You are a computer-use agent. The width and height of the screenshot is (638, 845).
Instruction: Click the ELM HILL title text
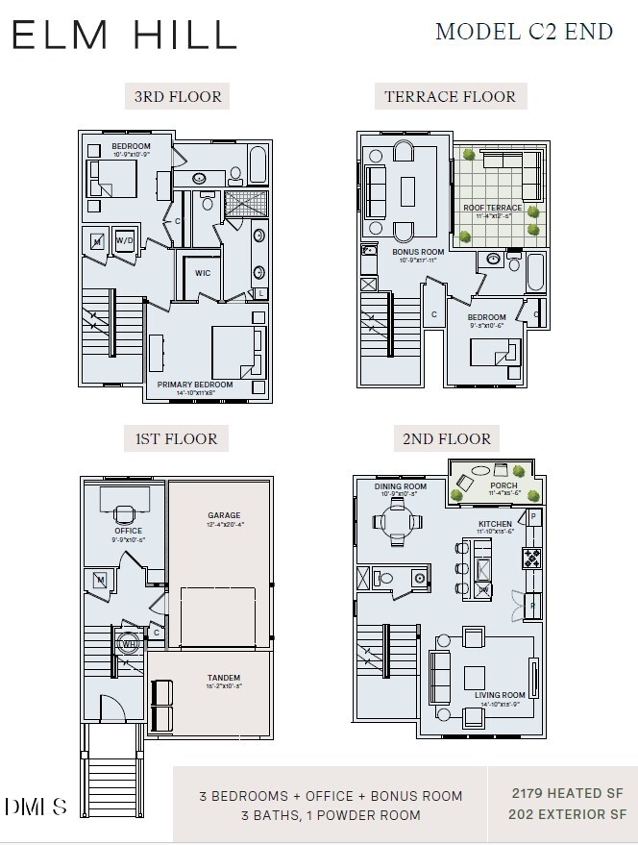coord(125,35)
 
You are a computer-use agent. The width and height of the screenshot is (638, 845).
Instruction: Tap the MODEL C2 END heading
coord(524,32)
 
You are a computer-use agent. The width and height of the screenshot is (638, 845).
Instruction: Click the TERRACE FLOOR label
coord(450,96)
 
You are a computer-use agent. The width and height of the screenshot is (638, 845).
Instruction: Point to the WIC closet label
coord(203,273)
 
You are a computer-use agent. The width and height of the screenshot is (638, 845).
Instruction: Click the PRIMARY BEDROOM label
coord(195,385)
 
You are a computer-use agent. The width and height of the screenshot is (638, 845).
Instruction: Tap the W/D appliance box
coord(125,240)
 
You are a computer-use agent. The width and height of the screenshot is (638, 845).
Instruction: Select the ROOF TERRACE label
coord(492,208)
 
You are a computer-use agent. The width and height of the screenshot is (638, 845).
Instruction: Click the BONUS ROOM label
coord(418,252)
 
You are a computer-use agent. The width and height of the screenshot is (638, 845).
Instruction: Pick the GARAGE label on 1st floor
coord(225,515)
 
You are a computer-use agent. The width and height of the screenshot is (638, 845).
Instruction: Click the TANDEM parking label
coord(223,678)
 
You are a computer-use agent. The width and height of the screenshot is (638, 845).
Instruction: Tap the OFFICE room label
coord(128,531)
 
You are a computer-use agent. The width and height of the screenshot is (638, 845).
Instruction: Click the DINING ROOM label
coord(400,486)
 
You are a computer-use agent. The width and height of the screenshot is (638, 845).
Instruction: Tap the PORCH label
coord(503,486)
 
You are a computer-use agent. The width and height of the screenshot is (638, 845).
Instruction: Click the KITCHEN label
coord(496,525)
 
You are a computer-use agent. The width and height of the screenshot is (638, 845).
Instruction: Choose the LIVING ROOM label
coord(501,695)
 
